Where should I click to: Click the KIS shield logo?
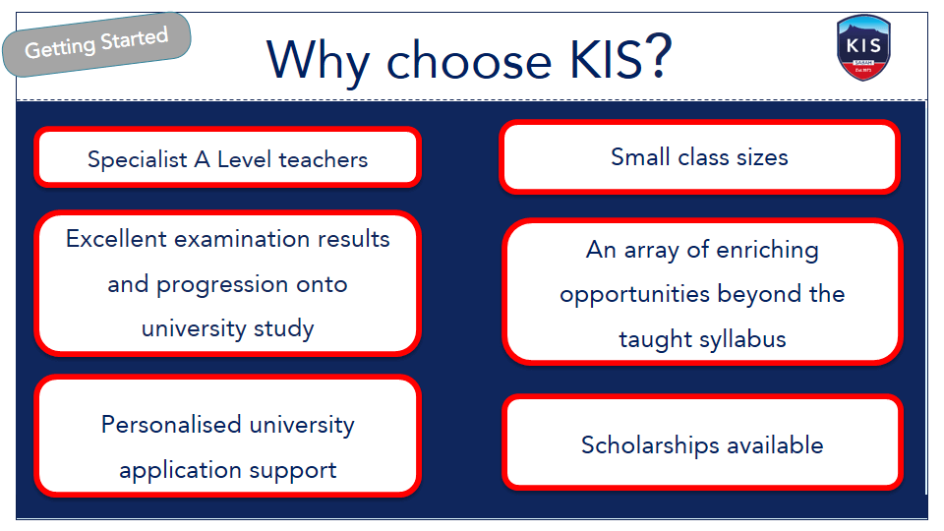pos(863,47)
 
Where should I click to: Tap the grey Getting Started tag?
pos(96,44)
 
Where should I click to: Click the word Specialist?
pos(138,159)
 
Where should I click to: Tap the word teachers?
pos(324,159)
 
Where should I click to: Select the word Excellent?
pos(116,239)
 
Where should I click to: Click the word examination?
pos(242,239)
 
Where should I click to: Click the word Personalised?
pos(171,425)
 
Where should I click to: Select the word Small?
pos(640,157)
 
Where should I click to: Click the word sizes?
pos(762,157)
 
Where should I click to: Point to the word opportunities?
pos(634,295)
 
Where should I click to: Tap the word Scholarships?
pos(650,446)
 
